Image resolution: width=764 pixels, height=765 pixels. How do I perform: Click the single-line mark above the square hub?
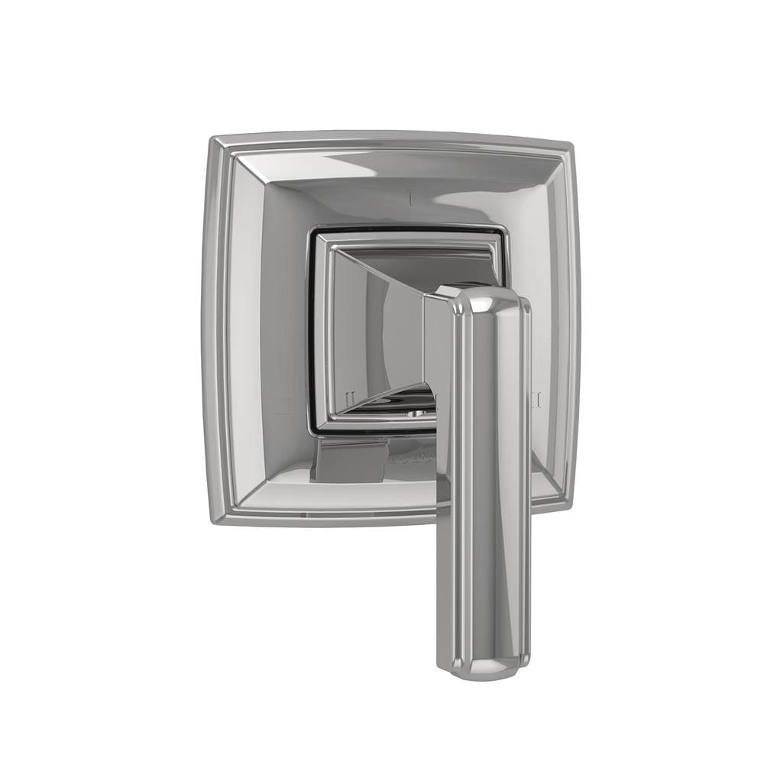point(412,200)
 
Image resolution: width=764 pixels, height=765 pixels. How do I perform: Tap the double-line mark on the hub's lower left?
point(349,398)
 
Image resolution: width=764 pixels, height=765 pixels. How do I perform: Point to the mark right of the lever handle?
point(536,398)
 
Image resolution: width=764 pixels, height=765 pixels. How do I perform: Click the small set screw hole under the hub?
point(413,413)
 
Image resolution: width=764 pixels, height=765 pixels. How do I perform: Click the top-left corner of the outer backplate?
point(214,140)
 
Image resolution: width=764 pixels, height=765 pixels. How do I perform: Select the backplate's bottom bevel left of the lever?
point(336,497)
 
